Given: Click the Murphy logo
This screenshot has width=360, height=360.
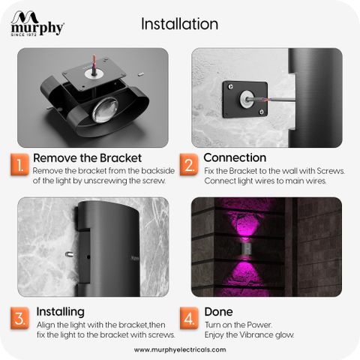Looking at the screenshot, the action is pyautogui.click(x=37, y=23).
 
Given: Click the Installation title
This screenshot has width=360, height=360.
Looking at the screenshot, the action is pyautogui.click(x=179, y=24).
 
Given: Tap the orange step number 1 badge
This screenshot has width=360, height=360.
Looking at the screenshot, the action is pyautogui.click(x=19, y=165).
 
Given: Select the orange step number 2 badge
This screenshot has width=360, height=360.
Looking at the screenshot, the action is pyautogui.click(x=189, y=165).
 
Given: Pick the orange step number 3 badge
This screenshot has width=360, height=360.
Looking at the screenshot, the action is pyautogui.click(x=19, y=318).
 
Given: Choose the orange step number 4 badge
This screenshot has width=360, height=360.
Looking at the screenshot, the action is pyautogui.click(x=189, y=318).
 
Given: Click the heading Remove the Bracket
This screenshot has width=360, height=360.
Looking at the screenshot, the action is pyautogui.click(x=87, y=158).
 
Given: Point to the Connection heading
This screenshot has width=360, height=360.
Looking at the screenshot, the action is pyautogui.click(x=235, y=157).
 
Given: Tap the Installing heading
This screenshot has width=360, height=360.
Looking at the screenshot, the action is pyautogui.click(x=61, y=312).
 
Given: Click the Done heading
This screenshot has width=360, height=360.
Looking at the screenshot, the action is pyautogui.click(x=218, y=312).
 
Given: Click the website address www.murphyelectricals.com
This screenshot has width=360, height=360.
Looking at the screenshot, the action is pyautogui.click(x=180, y=349).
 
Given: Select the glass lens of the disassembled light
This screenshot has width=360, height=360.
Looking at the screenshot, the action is pyautogui.click(x=104, y=110).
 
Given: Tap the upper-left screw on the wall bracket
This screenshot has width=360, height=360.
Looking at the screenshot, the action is pyautogui.click(x=230, y=87).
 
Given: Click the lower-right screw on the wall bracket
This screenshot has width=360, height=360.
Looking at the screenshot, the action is pyautogui.click(x=262, y=112).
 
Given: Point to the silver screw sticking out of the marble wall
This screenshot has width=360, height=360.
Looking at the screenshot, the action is pyautogui.click(x=70, y=254).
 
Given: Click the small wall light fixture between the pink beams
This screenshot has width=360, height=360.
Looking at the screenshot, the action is pyautogui.click(x=246, y=249).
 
